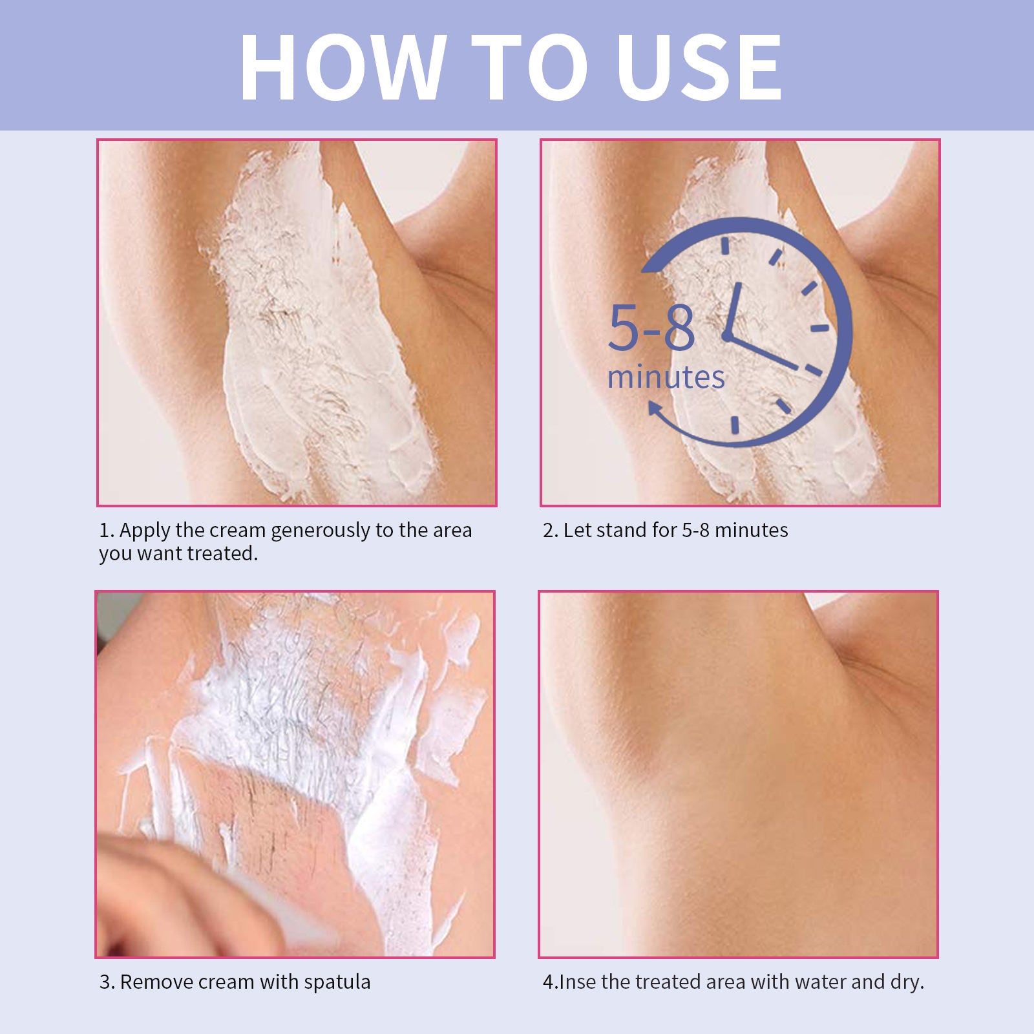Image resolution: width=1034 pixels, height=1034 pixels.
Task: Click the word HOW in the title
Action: click(343, 68)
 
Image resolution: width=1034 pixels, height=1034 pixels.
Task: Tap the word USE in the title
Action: click(699, 68)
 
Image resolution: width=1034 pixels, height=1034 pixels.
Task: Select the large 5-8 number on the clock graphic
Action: click(651, 328)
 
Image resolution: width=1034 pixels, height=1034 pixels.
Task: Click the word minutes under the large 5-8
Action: click(666, 377)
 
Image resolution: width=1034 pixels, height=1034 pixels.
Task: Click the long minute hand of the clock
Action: click(766, 353)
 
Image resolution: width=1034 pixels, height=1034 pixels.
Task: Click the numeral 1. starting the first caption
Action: click(107, 531)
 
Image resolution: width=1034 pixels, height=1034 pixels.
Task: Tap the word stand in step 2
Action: click(622, 531)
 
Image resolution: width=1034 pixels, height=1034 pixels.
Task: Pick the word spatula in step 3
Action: click(337, 982)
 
